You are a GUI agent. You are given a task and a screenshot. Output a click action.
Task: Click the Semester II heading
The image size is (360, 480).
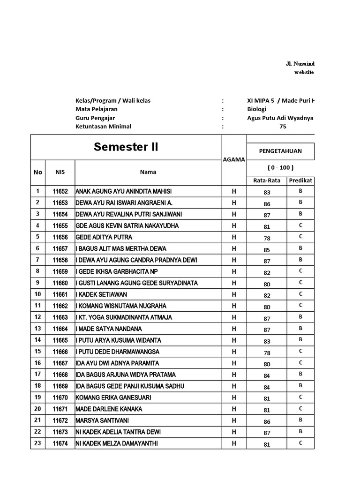click(x=126, y=147)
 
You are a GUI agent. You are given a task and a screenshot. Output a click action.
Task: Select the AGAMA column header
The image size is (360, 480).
click(x=233, y=159)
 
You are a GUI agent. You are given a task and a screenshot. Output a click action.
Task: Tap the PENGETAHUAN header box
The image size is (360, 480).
click(x=280, y=151)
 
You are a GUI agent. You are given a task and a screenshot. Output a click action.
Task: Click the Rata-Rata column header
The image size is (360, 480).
click(x=266, y=180)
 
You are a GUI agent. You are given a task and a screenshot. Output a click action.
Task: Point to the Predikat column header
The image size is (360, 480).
click(x=300, y=180)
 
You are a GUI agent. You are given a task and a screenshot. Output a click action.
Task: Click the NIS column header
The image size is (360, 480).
click(x=60, y=172)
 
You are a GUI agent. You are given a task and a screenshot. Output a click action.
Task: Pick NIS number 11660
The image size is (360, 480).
click(x=60, y=283)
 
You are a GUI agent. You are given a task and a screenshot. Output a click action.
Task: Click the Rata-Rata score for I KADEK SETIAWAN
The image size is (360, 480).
click(x=267, y=295)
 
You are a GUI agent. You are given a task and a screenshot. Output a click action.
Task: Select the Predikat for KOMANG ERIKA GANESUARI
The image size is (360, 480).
click(x=300, y=397)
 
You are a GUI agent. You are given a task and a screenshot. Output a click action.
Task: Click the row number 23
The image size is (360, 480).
click(x=37, y=443)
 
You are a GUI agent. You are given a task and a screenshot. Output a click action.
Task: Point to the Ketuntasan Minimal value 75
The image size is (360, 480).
click(x=283, y=126)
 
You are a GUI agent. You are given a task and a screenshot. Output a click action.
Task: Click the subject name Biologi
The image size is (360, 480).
click(x=256, y=109)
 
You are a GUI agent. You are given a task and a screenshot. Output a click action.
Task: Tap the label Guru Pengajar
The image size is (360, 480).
click(x=95, y=118)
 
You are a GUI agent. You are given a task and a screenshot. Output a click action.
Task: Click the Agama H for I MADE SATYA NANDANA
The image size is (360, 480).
click(x=233, y=329)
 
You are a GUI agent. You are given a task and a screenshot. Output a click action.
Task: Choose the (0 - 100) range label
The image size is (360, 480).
click(x=280, y=168)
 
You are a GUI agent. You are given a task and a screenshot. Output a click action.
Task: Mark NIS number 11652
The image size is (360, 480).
click(x=60, y=192)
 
